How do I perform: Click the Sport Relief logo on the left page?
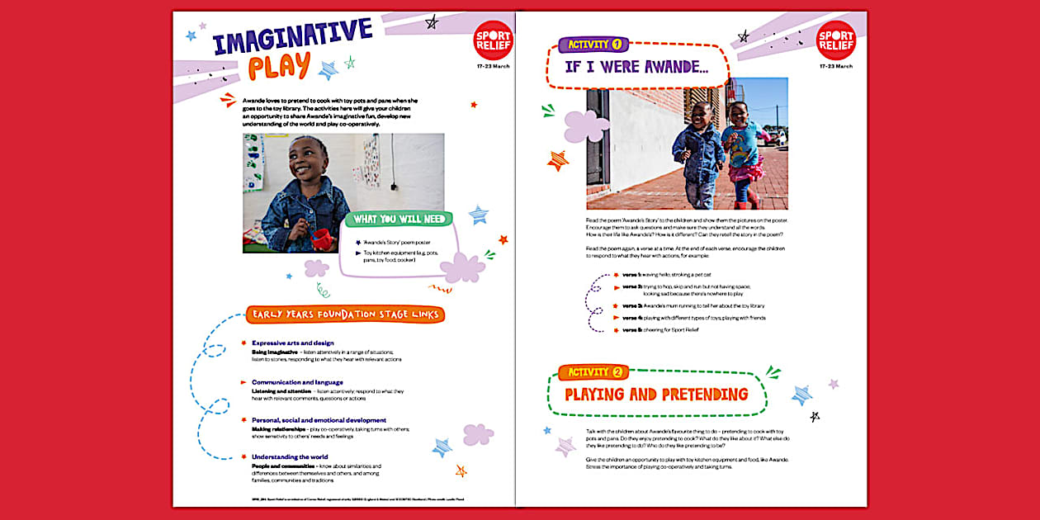(494, 40)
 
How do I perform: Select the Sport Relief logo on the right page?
(835, 40)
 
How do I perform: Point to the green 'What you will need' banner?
(399, 220)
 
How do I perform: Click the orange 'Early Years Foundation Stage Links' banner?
(345, 314)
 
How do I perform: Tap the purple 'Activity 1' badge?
(594, 44)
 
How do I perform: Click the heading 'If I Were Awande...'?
(636, 67)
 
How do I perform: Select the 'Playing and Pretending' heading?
(656, 395)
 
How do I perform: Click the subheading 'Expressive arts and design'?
(292, 343)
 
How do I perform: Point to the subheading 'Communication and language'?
(297, 382)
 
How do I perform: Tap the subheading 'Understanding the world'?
(290, 456)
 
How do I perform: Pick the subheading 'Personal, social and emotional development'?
(319, 420)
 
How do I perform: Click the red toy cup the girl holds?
(320, 239)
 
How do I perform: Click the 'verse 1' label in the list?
(632, 274)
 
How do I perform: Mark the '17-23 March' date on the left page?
(494, 66)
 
